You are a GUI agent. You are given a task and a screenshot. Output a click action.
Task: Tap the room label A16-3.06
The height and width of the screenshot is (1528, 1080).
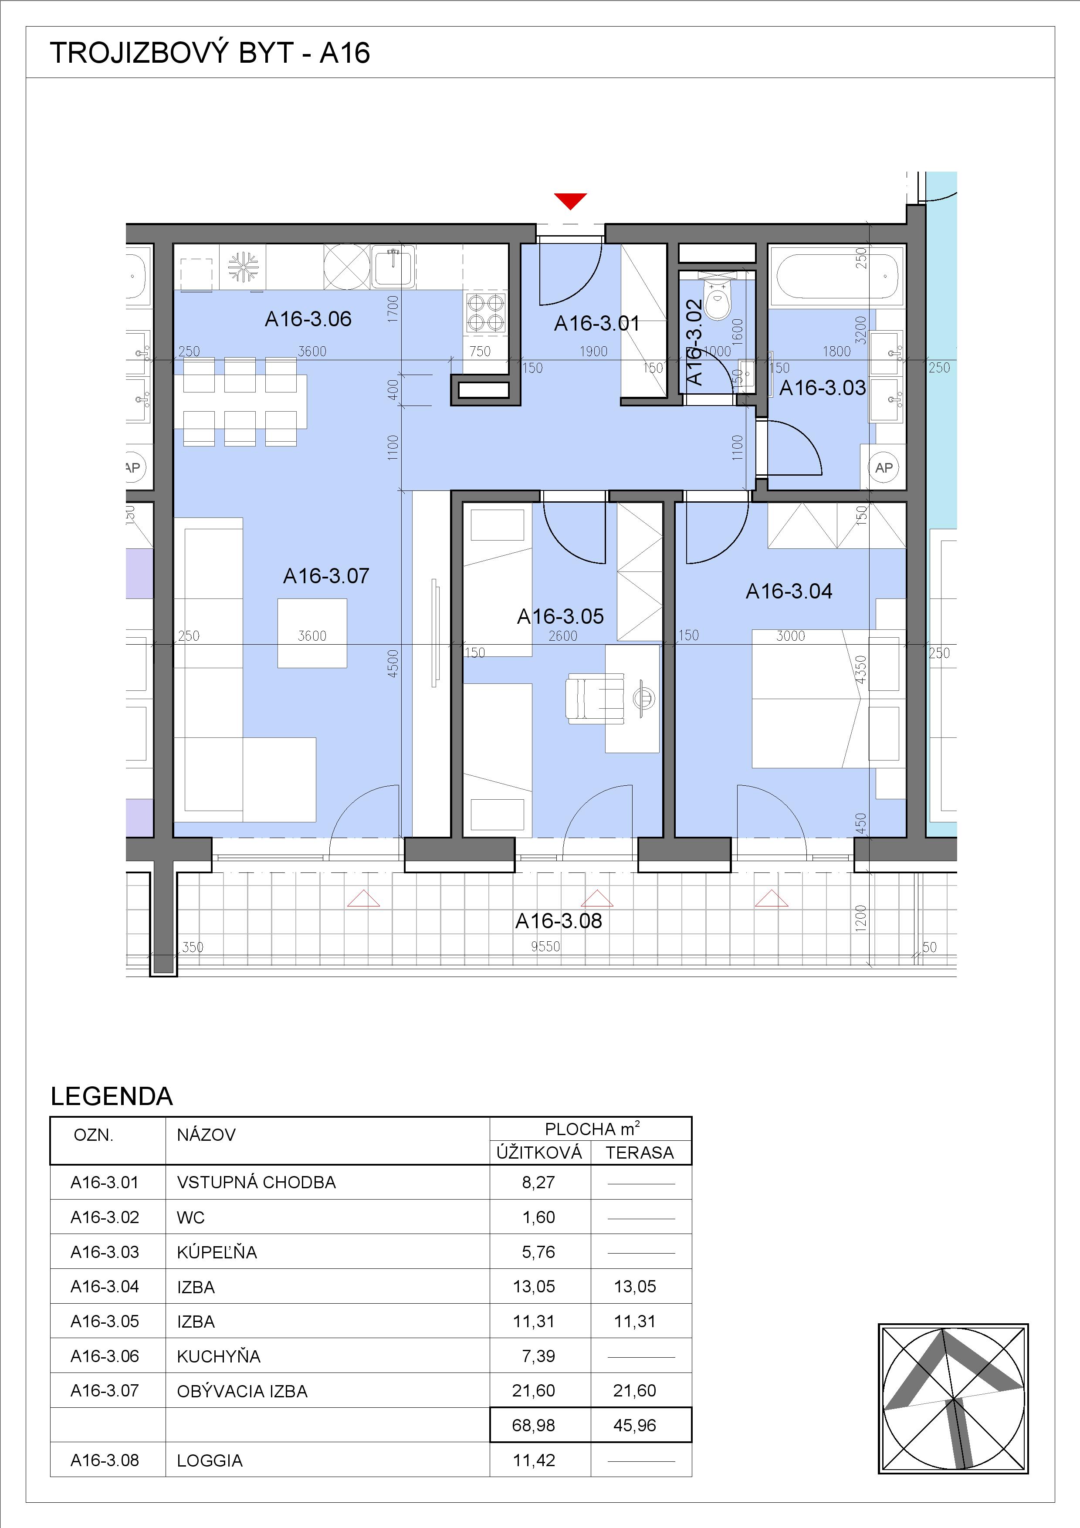[x=308, y=319]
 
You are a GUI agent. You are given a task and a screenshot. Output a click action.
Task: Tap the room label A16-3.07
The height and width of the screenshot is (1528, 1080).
[x=326, y=576]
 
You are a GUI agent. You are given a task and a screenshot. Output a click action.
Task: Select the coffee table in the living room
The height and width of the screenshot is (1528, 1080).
[x=312, y=633]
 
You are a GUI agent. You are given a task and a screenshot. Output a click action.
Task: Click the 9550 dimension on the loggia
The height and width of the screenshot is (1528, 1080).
[x=545, y=947]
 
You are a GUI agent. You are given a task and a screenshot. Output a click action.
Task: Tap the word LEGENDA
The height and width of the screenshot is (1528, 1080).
[x=112, y=1096]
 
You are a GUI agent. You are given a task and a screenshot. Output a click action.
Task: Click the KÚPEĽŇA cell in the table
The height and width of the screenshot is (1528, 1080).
[x=217, y=1252]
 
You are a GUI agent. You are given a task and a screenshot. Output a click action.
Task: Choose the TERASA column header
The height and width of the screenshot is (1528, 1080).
[x=640, y=1153]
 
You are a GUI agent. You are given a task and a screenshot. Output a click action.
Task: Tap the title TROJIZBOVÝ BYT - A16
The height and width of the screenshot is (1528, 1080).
[x=210, y=53]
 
